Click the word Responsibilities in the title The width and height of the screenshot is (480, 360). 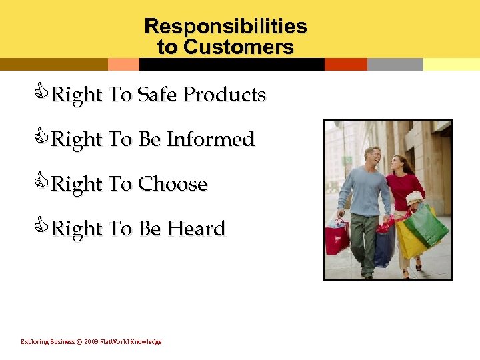[x=225, y=26]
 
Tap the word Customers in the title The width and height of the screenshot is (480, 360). [x=238, y=47]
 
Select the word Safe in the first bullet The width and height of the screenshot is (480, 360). [x=157, y=95]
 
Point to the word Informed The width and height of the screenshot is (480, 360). [x=211, y=139]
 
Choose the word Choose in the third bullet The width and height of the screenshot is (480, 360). [x=172, y=184]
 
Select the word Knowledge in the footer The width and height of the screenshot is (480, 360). [x=145, y=342]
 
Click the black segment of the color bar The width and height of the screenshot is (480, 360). [x=231, y=64]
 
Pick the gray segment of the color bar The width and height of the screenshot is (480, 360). [x=395, y=64]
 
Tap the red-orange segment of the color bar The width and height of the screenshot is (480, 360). [x=345, y=64]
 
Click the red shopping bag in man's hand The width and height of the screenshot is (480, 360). [x=337, y=237]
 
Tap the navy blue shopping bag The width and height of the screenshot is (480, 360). [x=383, y=247]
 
